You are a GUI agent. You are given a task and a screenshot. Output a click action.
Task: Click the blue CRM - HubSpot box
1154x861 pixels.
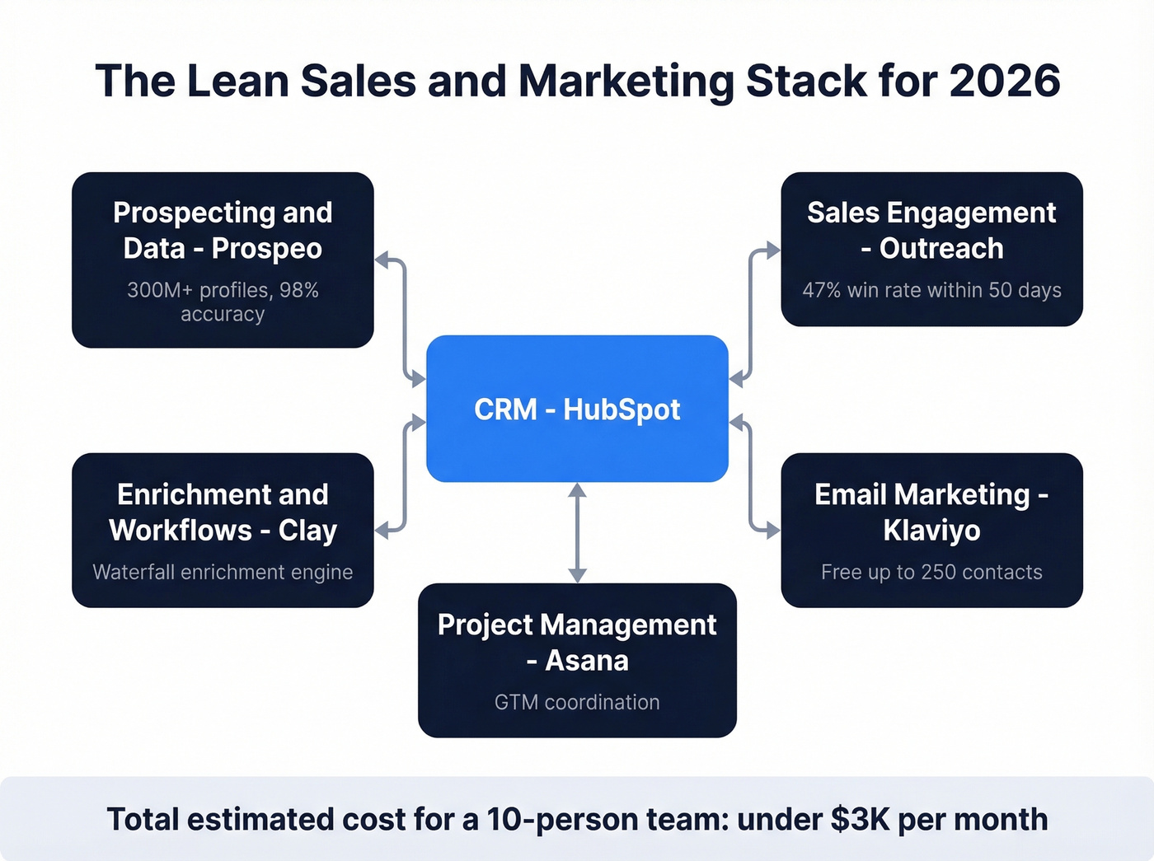tap(577, 408)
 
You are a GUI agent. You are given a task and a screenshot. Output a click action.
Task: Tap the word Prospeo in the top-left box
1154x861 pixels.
tap(266, 249)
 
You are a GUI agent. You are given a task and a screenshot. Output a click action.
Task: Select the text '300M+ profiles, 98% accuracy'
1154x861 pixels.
tap(223, 302)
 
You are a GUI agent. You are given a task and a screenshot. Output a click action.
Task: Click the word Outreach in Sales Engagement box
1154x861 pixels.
tap(941, 249)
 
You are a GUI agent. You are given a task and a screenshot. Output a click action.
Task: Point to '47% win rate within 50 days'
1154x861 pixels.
tap(931, 290)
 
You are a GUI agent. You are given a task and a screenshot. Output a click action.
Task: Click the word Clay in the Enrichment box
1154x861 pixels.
tap(307, 531)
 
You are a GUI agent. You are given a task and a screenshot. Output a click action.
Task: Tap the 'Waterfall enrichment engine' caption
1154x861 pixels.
tap(223, 572)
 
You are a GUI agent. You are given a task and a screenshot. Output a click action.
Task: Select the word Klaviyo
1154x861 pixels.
tap(931, 531)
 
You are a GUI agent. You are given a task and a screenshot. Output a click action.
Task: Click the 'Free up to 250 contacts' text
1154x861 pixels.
tap(931, 572)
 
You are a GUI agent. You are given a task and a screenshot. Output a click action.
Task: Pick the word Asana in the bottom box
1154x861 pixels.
tap(587, 661)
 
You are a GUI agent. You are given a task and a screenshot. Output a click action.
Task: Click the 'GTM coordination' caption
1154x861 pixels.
tap(577, 702)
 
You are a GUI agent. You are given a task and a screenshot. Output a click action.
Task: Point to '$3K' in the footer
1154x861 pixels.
tap(860, 819)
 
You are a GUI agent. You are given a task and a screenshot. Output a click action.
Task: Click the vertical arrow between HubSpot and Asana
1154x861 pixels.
tap(577, 532)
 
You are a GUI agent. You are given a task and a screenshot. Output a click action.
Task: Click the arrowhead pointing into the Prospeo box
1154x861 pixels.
tap(382, 260)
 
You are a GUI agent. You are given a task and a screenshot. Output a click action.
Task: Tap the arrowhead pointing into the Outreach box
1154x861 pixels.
tap(772, 250)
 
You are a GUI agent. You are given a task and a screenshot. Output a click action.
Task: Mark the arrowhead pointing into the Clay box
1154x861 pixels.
tap(382, 531)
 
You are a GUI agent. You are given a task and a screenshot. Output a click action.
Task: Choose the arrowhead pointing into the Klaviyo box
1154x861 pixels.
tap(772, 531)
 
